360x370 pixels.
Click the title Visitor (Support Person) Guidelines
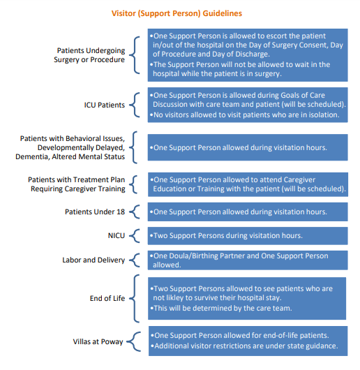point(177,13)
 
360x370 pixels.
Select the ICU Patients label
point(104,105)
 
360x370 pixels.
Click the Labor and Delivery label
point(93,260)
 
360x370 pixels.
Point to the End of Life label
point(106,298)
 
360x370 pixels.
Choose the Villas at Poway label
point(99,341)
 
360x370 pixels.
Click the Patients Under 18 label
point(95,212)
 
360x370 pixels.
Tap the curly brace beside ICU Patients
point(136,105)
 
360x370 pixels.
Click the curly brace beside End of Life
point(136,298)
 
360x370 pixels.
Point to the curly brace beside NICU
point(136,236)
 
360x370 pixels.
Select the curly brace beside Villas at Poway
point(136,341)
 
